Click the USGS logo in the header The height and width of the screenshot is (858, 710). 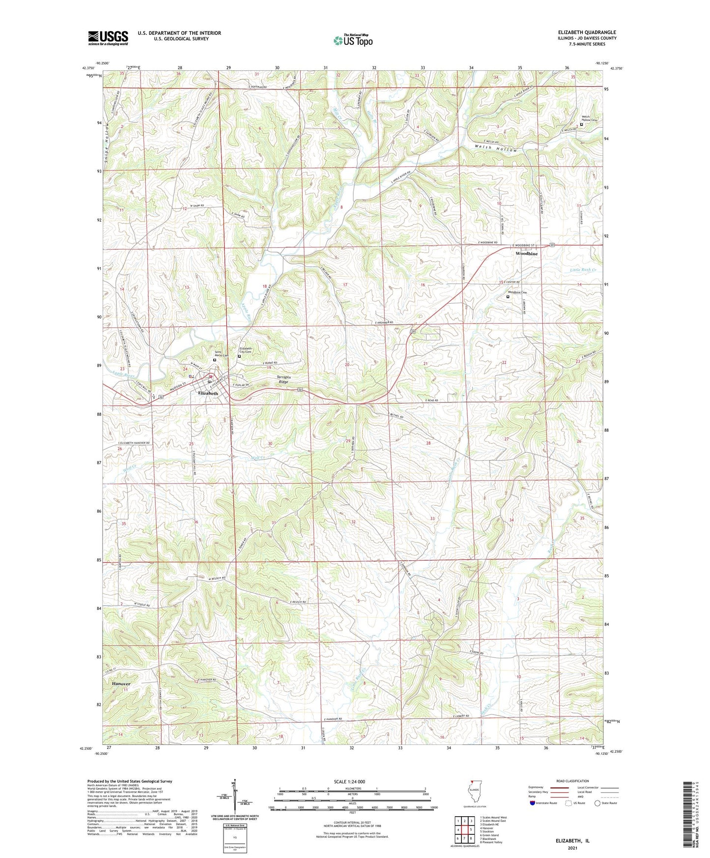click(x=108, y=38)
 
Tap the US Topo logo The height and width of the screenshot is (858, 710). click(x=352, y=40)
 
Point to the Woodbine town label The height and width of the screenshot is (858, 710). click(x=526, y=254)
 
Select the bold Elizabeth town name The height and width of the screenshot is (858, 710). click(x=208, y=393)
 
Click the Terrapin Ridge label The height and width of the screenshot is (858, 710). click(x=284, y=379)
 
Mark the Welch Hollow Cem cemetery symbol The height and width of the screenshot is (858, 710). click(x=581, y=124)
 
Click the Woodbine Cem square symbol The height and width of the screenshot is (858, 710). click(x=508, y=296)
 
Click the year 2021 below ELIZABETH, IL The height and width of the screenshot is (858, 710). click(x=572, y=848)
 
